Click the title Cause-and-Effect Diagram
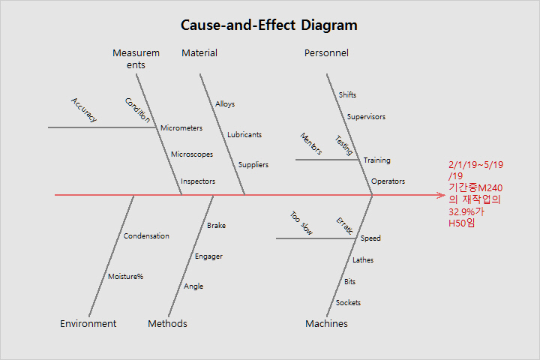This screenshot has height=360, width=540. point(269,25)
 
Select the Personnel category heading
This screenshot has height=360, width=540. point(326,53)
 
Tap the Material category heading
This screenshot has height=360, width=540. point(199,53)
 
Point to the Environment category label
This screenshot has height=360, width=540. point(88,324)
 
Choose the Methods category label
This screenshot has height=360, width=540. point(167,324)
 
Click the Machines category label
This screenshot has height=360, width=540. point(326,324)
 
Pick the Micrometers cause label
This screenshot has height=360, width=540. point(181,128)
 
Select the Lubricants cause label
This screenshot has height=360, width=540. point(244,135)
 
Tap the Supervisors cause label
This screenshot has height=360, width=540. point(366,117)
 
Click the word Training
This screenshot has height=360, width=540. point(376,160)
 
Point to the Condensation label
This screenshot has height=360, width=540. point(146,236)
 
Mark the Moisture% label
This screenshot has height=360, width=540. point(125,277)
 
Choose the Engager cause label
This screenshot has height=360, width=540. point(208,256)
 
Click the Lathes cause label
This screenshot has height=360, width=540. point(363,260)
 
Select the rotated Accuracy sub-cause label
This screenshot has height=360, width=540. point(84,109)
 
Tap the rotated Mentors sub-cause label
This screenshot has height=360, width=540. point(311,144)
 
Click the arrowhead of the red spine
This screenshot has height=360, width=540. point(442,195)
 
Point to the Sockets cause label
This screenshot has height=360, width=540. point(348,303)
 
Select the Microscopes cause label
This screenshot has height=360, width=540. point(192,154)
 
